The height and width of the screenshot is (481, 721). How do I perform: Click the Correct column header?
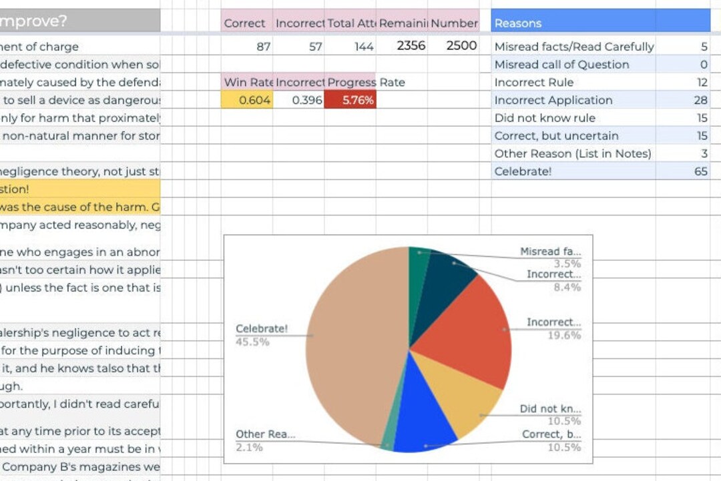[244, 23]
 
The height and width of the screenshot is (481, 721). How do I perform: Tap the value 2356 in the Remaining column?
[411, 46]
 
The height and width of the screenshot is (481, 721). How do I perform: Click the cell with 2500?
[461, 46]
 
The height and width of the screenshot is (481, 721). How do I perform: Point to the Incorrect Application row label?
[553, 100]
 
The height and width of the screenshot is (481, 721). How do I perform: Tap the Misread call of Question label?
[561, 65]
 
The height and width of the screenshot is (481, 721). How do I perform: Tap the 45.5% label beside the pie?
[252, 342]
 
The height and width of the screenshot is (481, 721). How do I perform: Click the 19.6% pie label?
[563, 335]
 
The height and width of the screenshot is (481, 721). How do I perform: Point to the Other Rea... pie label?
[265, 434]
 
